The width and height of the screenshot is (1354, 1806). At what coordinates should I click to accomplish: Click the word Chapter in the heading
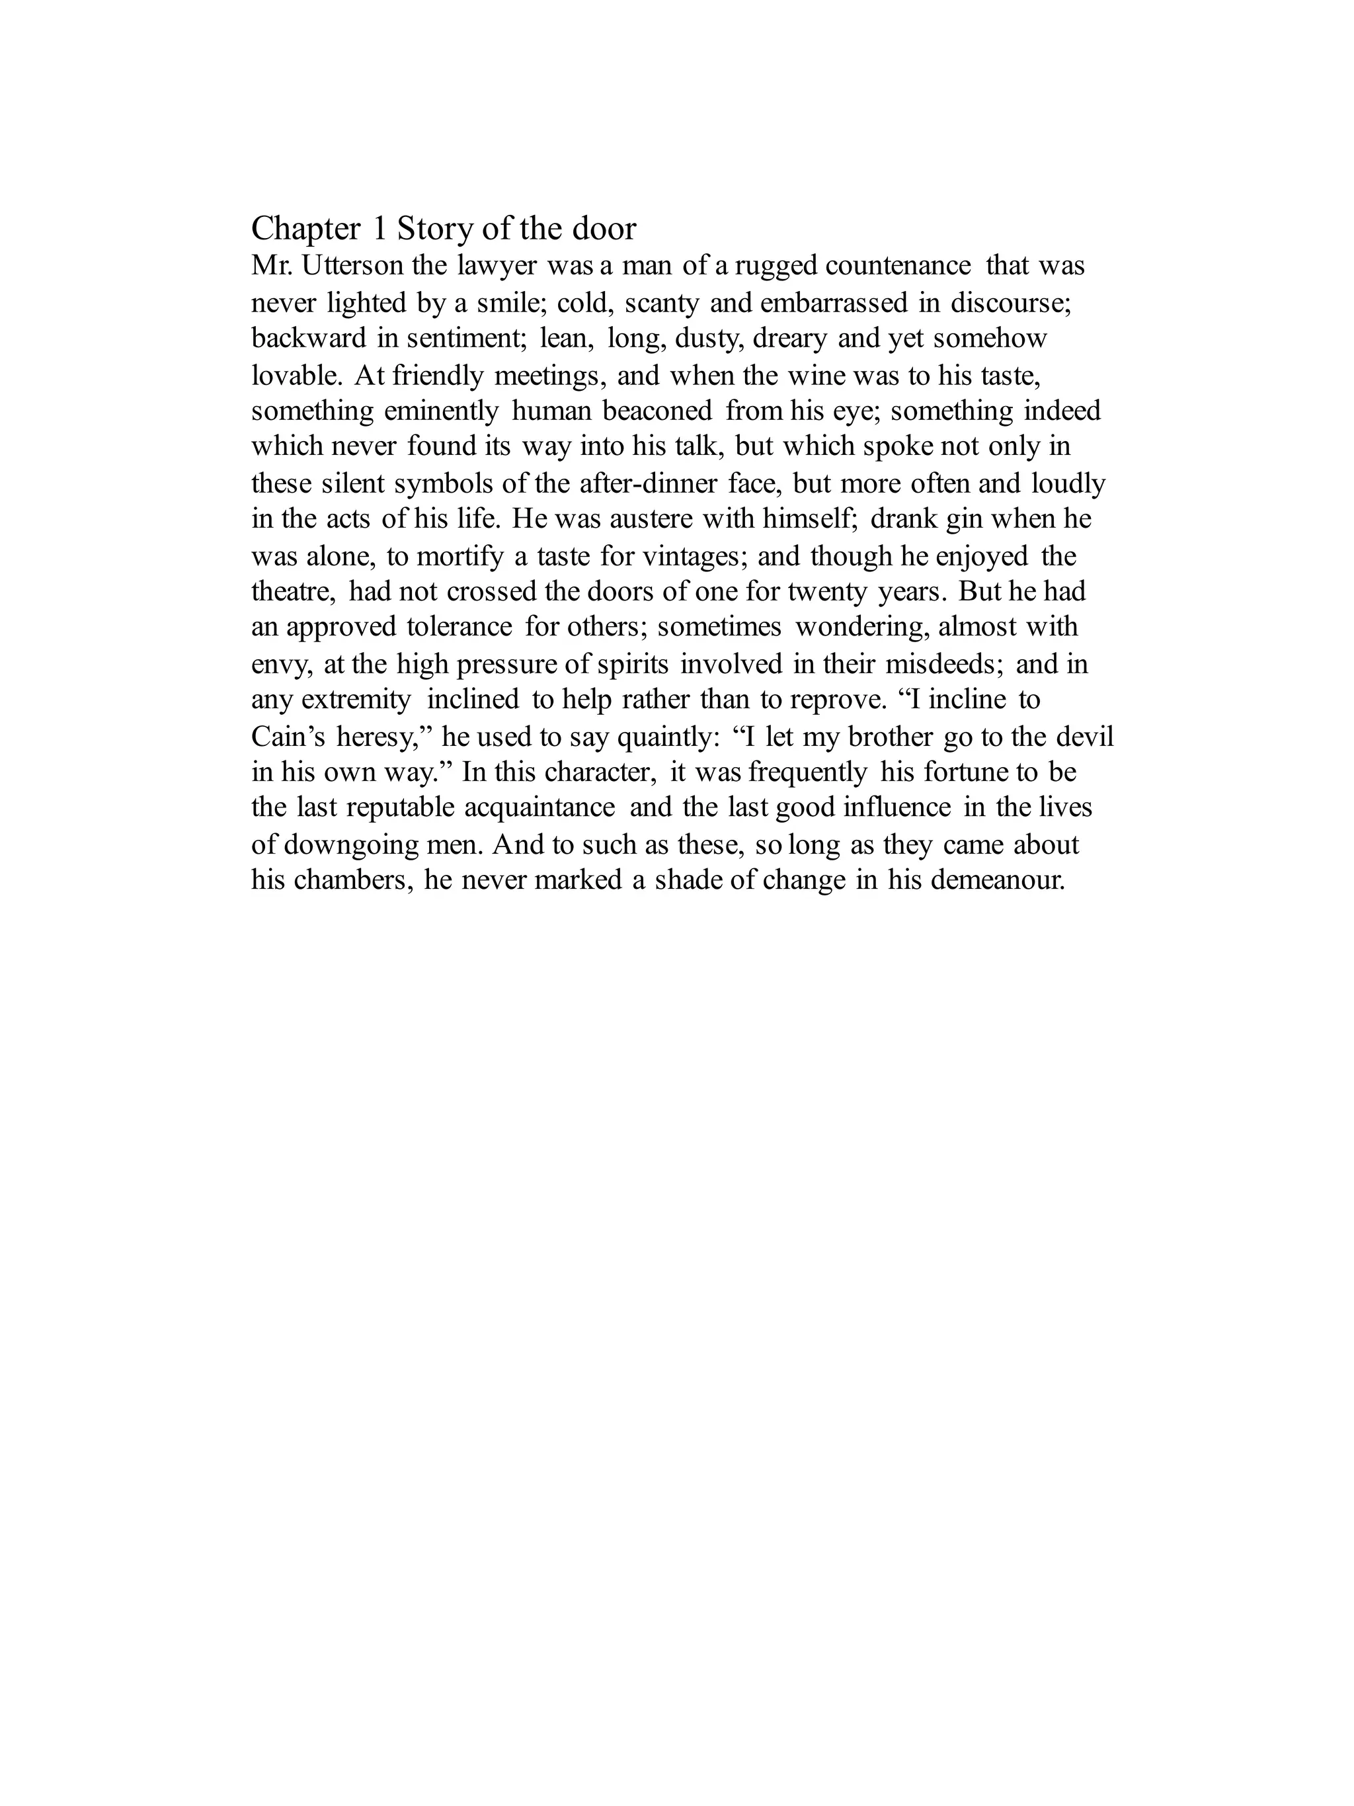[x=305, y=229]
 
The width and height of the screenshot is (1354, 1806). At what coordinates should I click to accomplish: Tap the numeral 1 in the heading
[x=379, y=229]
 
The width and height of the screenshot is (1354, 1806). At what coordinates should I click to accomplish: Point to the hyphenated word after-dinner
[x=648, y=483]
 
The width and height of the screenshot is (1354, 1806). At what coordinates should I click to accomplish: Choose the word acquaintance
[x=539, y=807]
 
